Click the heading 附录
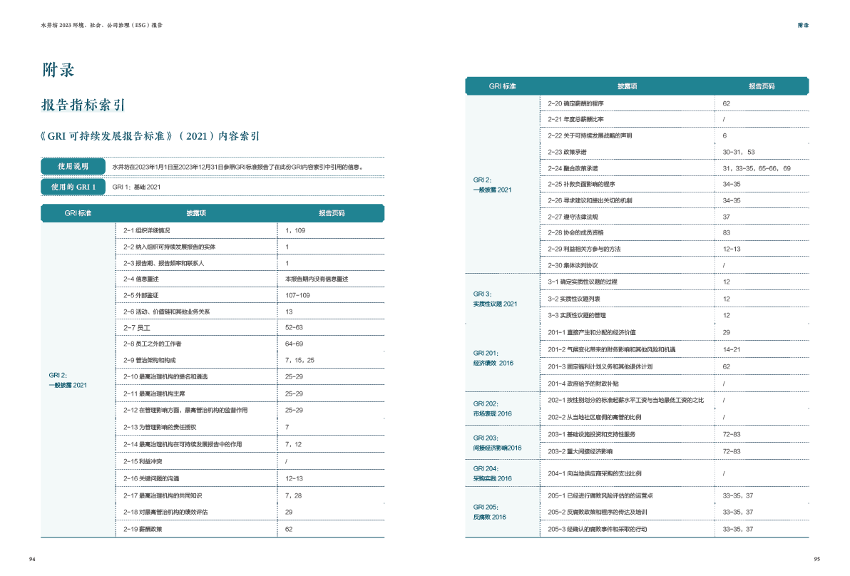[58, 70]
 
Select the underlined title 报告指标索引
[83, 106]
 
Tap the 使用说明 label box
[74, 167]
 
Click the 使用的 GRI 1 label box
[74, 187]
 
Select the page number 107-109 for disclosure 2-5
[297, 295]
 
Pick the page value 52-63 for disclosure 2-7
[294, 328]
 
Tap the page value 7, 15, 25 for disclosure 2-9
[299, 361]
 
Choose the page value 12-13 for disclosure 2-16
[294, 479]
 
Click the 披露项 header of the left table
[196, 213]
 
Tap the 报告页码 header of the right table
[761, 86]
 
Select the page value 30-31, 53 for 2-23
[739, 152]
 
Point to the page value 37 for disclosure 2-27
[726, 217]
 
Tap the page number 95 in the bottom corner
[817, 559]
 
